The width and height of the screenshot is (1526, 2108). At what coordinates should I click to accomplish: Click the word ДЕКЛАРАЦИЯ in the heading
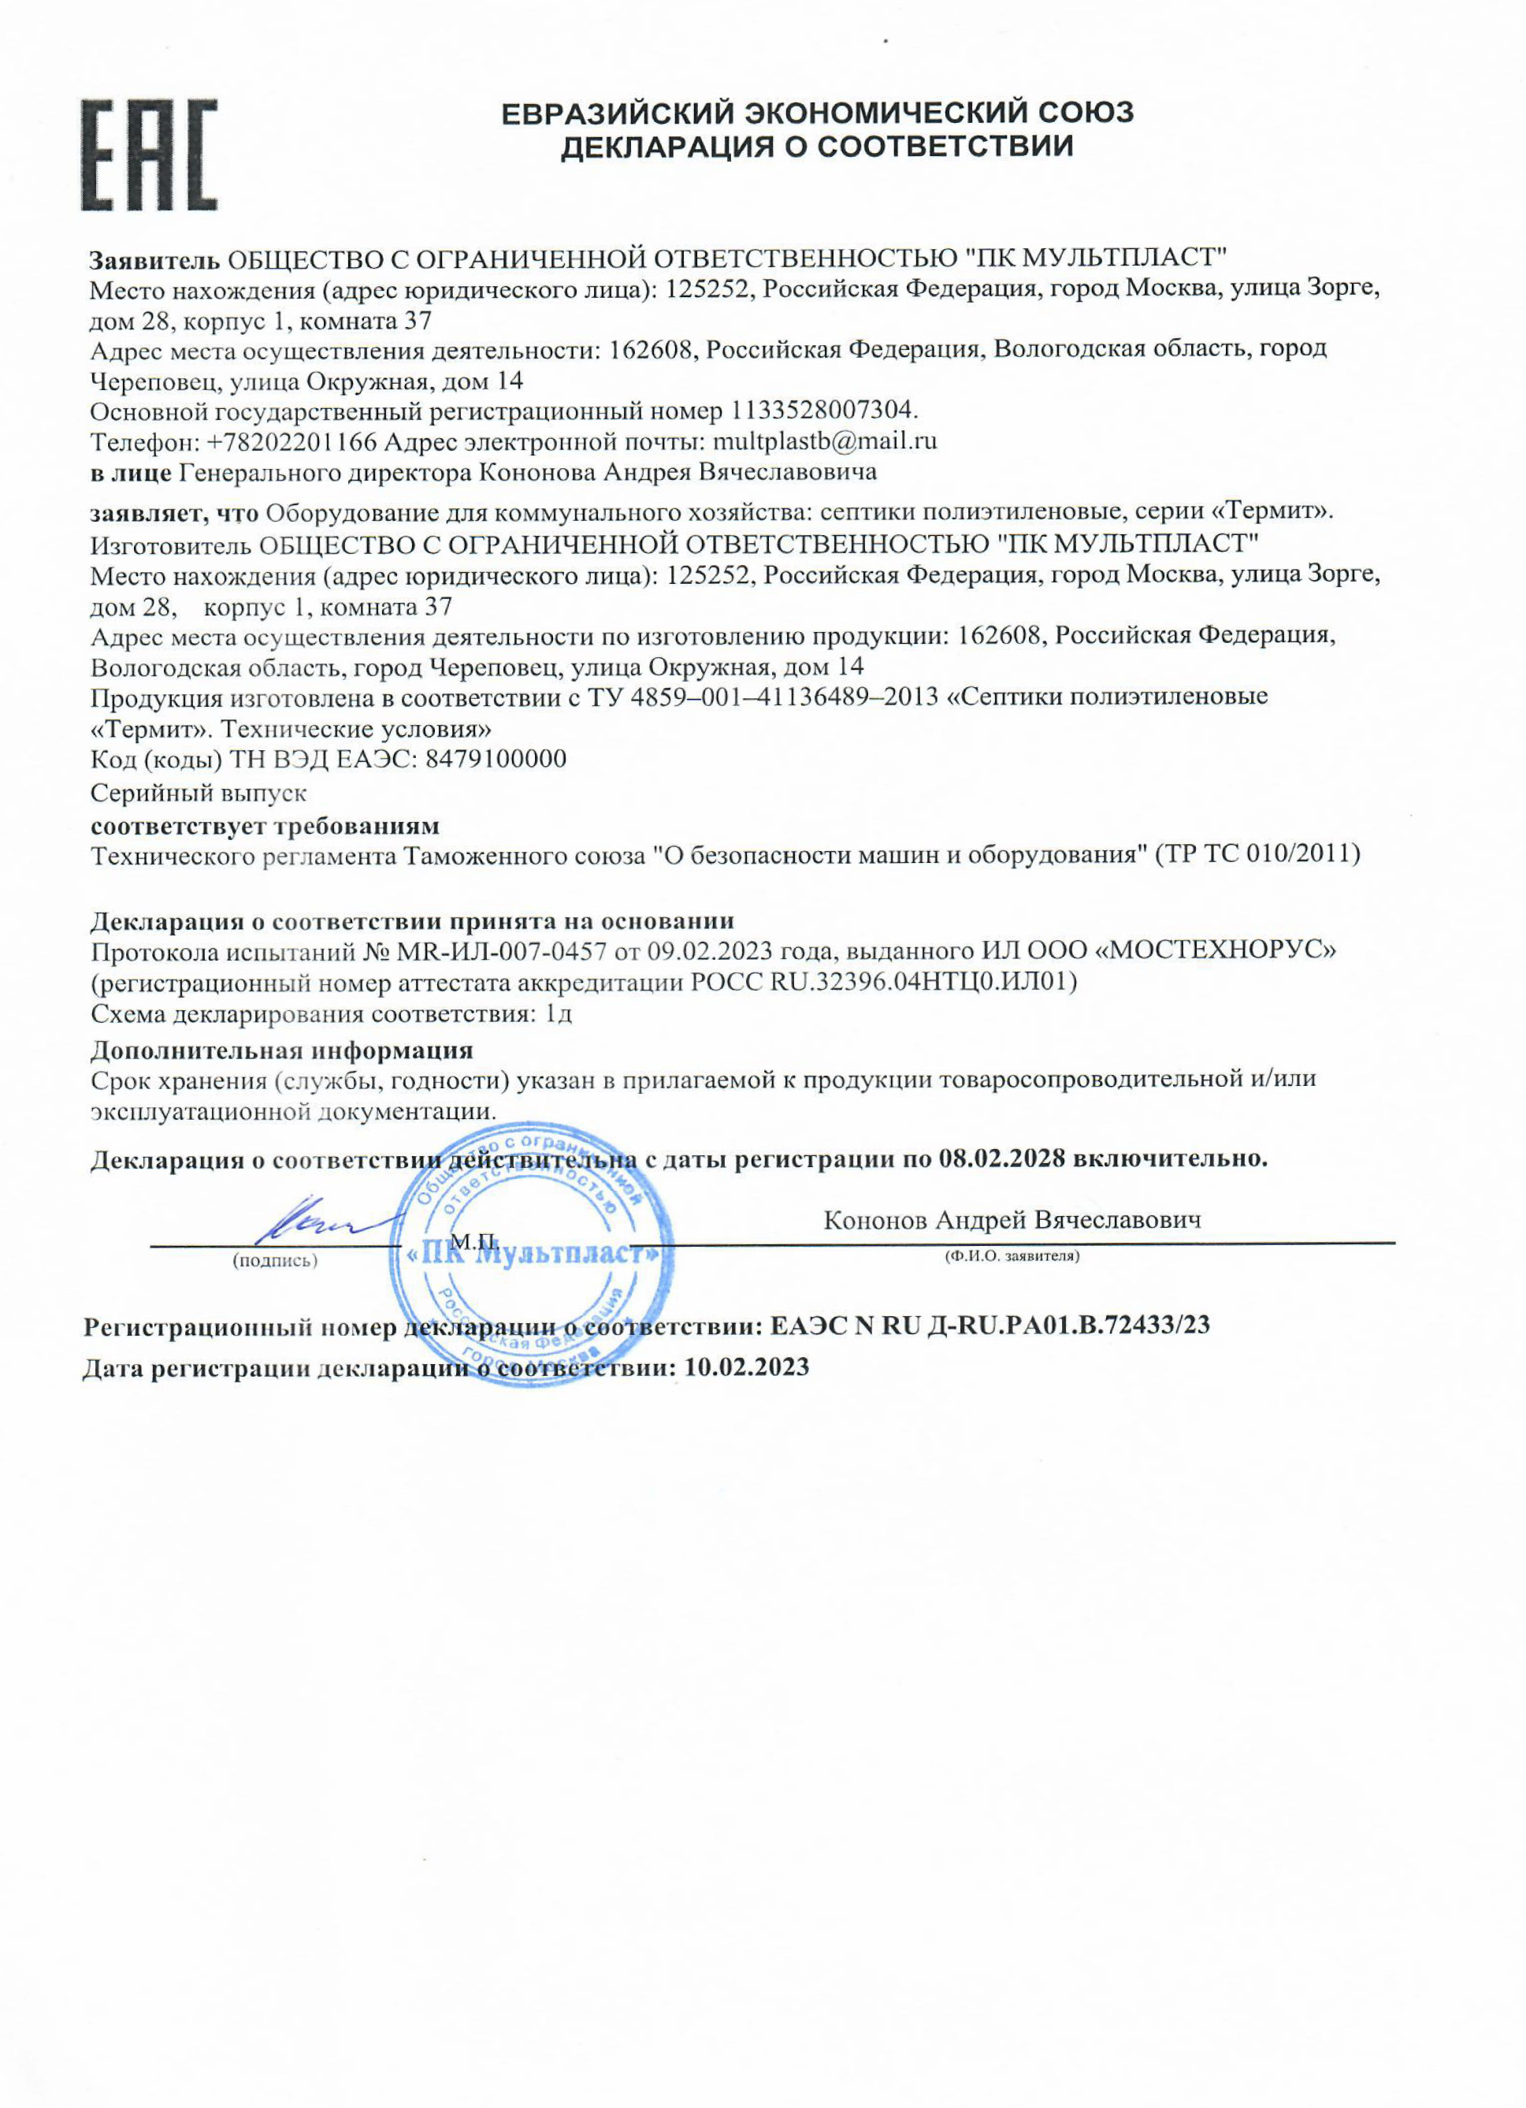663,147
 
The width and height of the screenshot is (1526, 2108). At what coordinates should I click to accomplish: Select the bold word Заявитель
154,258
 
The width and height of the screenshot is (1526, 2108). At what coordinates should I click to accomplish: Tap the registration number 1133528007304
823,410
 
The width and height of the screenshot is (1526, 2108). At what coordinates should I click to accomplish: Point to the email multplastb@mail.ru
823,441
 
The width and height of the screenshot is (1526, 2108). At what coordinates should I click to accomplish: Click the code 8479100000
496,760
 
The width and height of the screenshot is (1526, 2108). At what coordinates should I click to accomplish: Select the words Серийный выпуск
198,793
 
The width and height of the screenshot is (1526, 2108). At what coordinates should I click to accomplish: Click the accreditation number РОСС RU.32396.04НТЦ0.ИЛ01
884,982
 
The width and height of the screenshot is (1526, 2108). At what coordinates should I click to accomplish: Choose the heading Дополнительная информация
281,1050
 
